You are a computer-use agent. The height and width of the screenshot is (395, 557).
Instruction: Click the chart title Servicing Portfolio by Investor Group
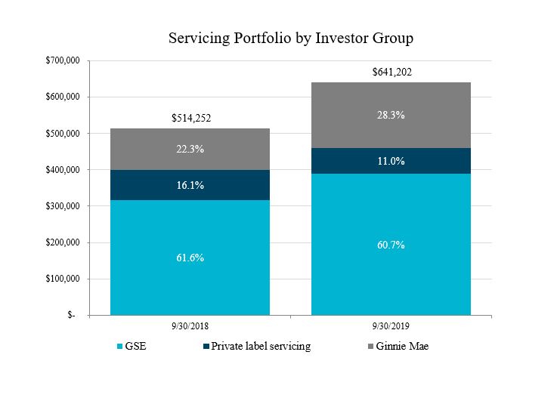point(291,37)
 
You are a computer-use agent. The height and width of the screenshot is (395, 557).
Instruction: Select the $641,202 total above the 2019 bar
point(391,73)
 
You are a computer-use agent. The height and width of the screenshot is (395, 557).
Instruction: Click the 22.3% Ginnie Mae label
point(190,150)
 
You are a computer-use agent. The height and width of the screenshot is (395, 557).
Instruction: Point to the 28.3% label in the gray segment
point(391,116)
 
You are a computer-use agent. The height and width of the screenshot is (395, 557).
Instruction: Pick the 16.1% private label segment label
point(190,185)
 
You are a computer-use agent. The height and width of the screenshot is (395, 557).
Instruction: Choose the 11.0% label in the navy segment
point(391,161)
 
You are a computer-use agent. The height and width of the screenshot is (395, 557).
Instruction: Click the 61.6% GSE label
point(190,258)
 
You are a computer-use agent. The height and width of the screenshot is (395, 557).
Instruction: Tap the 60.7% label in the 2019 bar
point(391,245)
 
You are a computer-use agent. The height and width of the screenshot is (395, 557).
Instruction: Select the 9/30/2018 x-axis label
point(190,327)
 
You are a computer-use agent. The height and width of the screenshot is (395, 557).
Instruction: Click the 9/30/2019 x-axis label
point(391,327)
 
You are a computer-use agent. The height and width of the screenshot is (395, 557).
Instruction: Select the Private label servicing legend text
point(261,347)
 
